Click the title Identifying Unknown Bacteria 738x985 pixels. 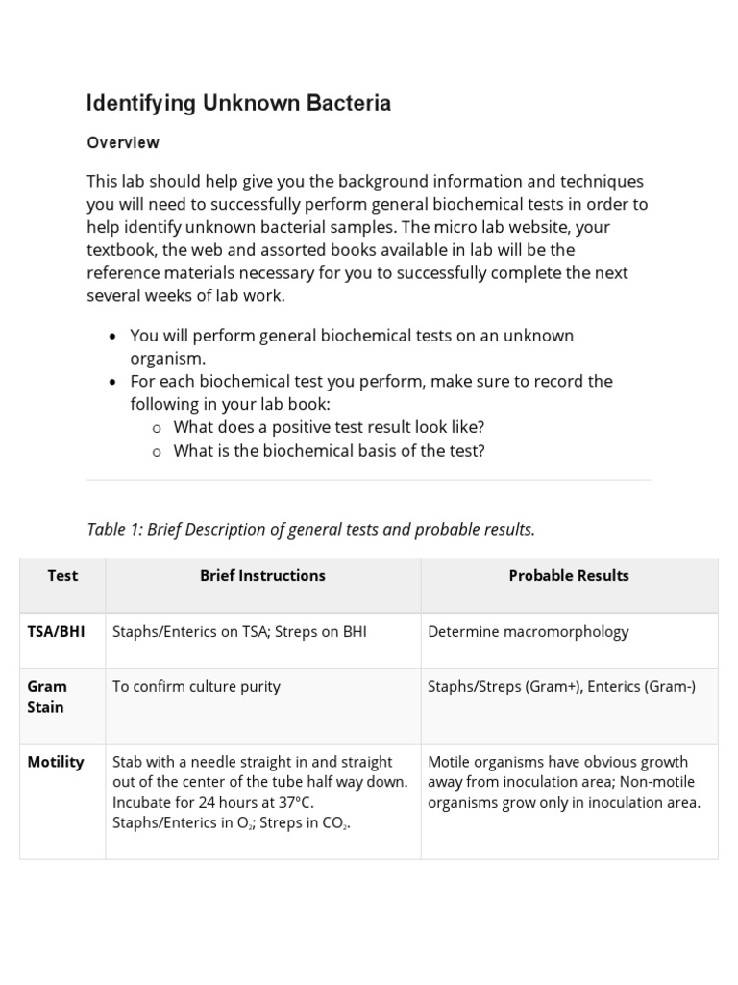(x=238, y=103)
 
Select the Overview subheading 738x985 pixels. (x=123, y=142)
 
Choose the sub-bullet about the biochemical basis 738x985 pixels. (x=329, y=450)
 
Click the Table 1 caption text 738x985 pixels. (x=310, y=529)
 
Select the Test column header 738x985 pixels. (x=62, y=575)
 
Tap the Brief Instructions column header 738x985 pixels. (x=262, y=575)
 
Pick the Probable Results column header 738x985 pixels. (x=569, y=575)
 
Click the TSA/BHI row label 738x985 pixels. (x=56, y=632)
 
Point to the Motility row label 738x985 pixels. (x=56, y=762)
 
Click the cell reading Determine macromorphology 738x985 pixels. (x=528, y=632)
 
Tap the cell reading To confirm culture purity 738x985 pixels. (x=196, y=686)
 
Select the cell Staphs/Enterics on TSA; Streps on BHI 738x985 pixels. (x=239, y=632)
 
